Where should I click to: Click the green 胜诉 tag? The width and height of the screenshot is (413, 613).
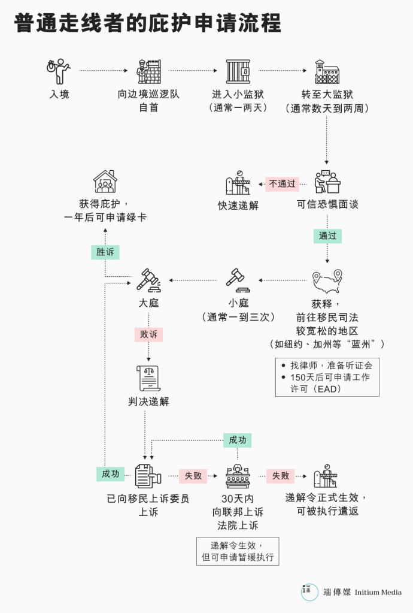105,252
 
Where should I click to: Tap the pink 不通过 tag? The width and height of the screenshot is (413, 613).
283,184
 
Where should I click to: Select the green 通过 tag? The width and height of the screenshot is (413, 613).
327,235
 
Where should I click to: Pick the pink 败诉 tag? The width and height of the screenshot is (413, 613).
148,334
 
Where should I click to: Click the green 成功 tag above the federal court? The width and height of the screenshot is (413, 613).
238,440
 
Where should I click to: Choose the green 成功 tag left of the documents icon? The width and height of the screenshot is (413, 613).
111,474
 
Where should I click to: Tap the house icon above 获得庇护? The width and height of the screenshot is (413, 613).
105,182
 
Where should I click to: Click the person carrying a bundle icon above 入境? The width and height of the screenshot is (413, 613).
59,71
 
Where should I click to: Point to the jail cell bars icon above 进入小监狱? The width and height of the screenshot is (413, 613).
238,71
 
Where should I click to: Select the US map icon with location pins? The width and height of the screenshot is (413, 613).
327,282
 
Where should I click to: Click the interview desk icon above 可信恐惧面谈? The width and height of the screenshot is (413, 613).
327,182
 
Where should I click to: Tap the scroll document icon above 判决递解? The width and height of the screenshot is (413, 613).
148,378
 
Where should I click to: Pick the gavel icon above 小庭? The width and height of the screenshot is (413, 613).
238,280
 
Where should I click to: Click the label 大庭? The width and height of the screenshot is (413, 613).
148,303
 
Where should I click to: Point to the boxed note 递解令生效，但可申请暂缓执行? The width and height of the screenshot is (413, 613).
238,551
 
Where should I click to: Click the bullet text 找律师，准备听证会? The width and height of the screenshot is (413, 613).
331,366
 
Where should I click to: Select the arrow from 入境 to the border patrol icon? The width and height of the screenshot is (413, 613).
104,71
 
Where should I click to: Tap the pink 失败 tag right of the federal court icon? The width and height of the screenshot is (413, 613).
281,476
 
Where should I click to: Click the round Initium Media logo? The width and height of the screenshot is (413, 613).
309,592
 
